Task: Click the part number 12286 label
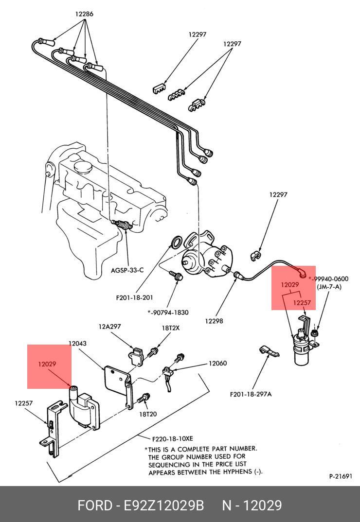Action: [84, 14]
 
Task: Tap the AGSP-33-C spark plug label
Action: [127, 270]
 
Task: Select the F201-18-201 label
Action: [134, 298]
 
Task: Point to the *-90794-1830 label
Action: [168, 313]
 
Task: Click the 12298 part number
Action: [214, 321]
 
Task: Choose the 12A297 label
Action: [109, 327]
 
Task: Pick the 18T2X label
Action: [170, 328]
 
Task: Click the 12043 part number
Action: [77, 344]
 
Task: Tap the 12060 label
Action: [218, 363]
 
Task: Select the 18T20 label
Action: [148, 414]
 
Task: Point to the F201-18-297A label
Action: [251, 394]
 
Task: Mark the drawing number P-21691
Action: [340, 476]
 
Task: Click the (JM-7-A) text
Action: [329, 287]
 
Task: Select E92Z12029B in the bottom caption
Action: [163, 505]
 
